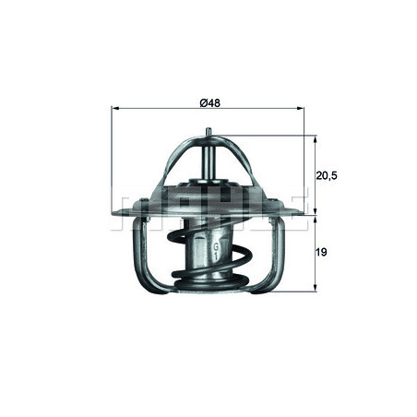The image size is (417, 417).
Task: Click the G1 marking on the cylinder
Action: tap(216, 252)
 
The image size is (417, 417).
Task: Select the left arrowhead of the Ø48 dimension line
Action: tap(114, 108)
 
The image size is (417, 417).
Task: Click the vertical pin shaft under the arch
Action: tap(210, 161)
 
